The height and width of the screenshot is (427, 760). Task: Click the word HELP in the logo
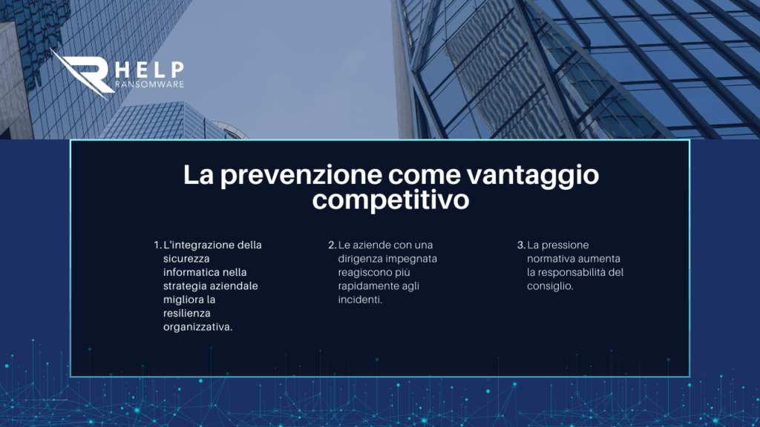point(150,70)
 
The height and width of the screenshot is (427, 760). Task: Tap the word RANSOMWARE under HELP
point(150,85)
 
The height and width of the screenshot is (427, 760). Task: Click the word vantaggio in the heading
point(533,176)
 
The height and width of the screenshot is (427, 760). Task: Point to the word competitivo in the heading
point(390,200)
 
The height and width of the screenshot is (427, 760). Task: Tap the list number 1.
point(157,245)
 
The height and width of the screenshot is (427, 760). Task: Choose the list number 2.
point(332,245)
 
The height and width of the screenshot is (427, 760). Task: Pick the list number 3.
point(521,245)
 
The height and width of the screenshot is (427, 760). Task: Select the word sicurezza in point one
point(186,259)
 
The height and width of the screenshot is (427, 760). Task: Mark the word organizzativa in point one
point(197,327)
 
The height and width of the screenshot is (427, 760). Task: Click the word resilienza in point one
point(186,314)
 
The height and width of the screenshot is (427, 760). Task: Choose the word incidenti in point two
point(360,299)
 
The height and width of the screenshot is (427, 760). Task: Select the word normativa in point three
point(550,259)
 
